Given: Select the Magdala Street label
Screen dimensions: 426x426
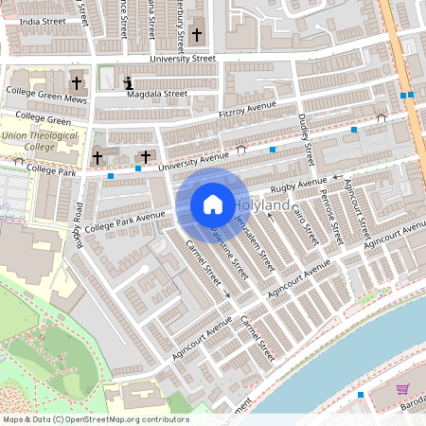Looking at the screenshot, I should coord(163,94).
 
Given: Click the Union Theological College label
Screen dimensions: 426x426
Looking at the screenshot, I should coord(29,141).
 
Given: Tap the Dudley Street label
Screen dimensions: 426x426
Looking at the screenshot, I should coord(305,134).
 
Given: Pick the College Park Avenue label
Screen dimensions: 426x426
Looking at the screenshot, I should coord(124,222).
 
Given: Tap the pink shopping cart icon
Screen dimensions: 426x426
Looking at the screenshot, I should coord(402,389).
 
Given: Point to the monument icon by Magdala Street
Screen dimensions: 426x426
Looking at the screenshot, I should coord(128,84).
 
